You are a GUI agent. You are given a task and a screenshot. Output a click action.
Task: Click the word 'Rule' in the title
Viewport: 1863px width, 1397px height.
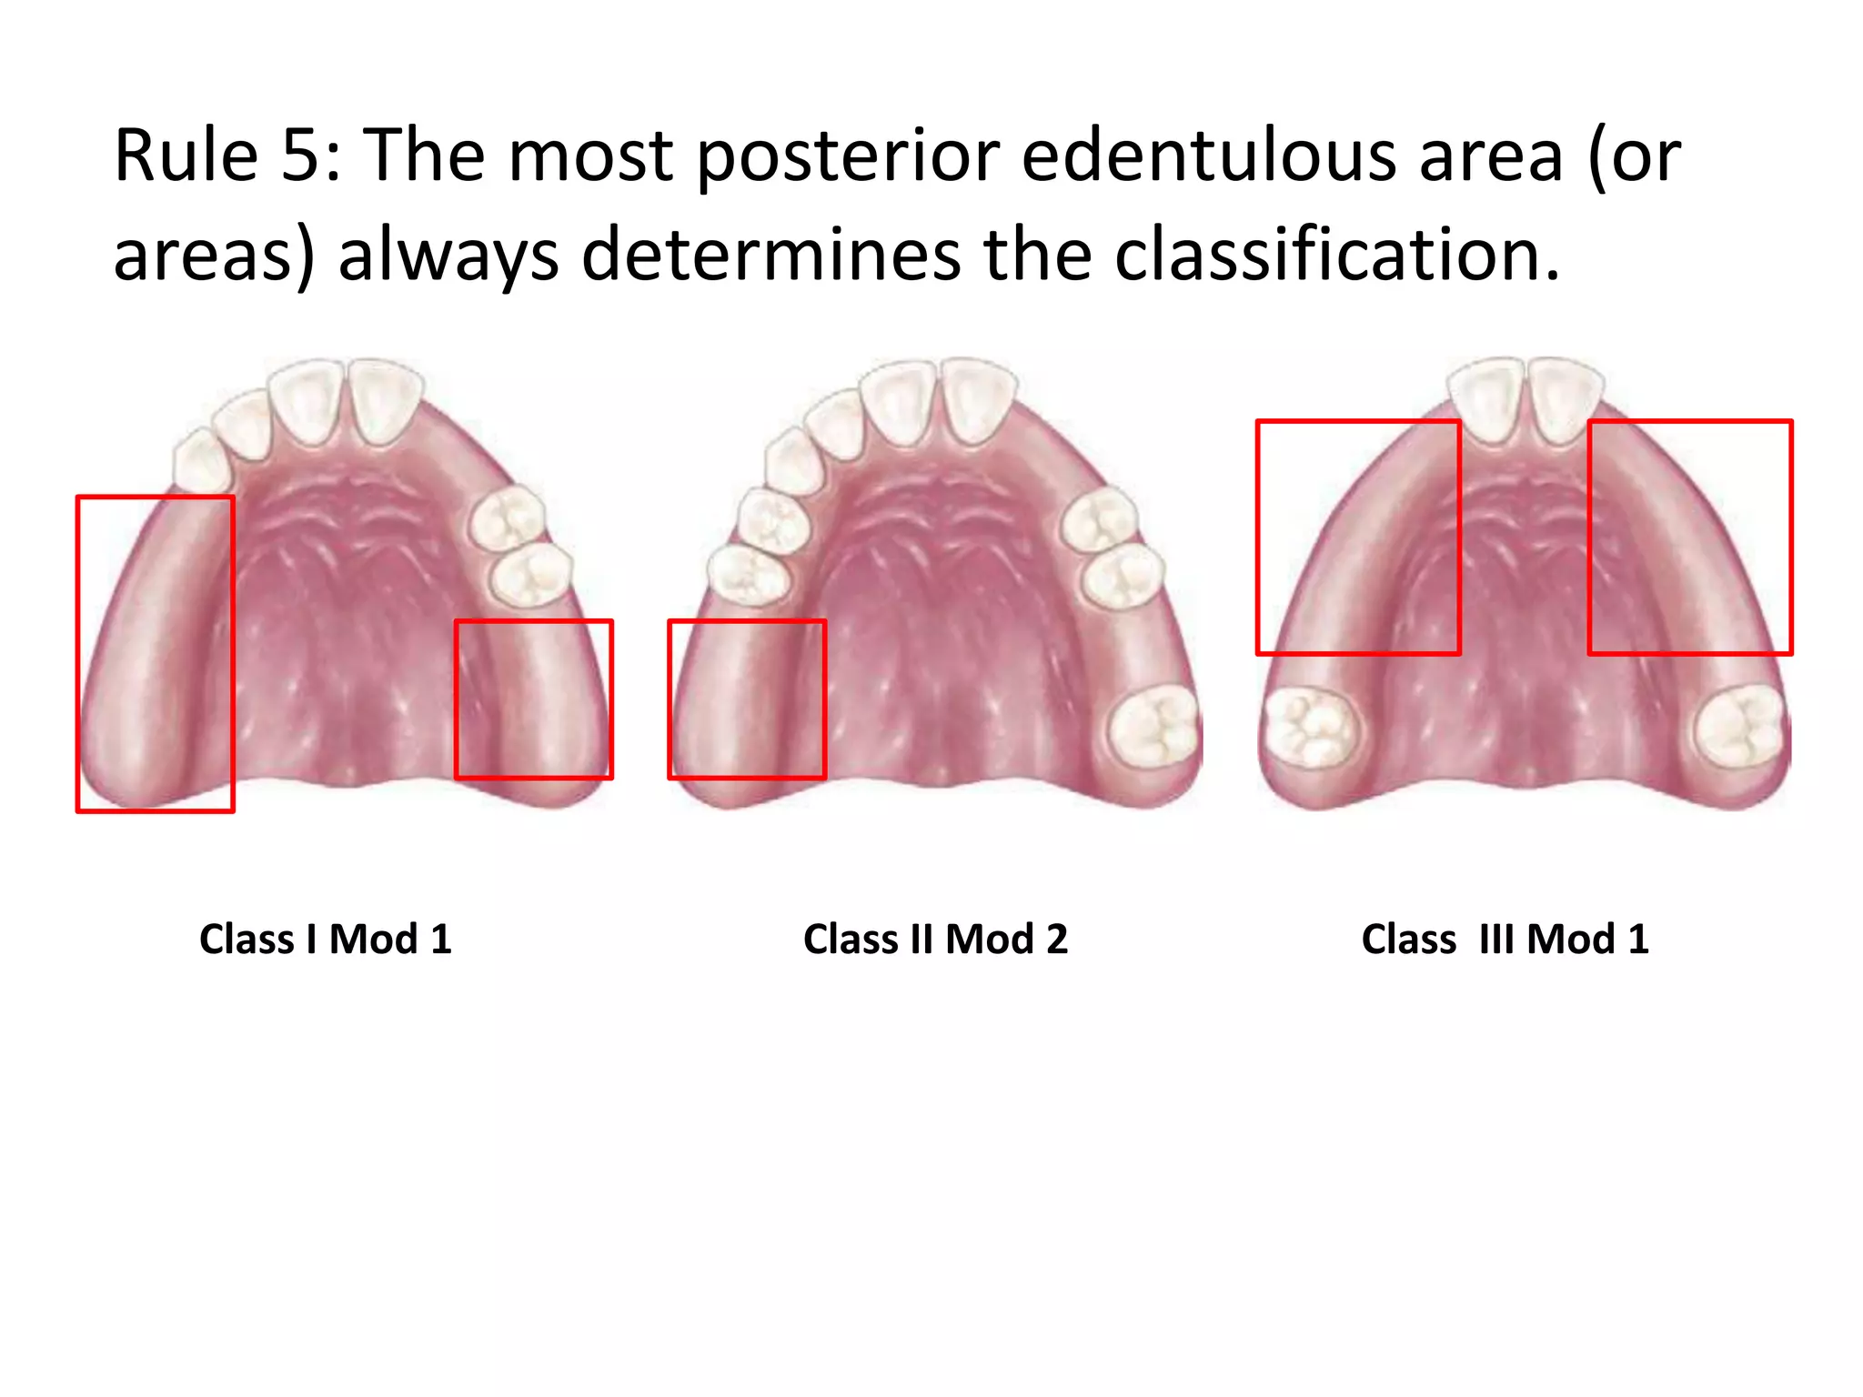pyautogui.click(x=186, y=156)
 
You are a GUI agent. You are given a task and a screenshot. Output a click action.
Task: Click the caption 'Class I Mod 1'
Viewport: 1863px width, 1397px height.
pyautogui.click(x=325, y=939)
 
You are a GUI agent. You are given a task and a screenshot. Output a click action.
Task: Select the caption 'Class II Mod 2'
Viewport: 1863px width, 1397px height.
pyautogui.click(x=935, y=939)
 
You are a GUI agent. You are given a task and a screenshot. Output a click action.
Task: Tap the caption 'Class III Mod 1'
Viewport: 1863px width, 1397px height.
pyautogui.click(x=1505, y=939)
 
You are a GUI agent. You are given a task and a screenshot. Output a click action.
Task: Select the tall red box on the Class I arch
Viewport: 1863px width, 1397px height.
pyautogui.click(x=156, y=654)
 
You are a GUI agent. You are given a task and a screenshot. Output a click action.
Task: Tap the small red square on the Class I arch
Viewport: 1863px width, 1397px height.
pyautogui.click(x=534, y=699)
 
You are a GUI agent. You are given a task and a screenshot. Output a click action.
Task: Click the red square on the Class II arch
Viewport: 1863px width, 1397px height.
pyautogui.click(x=747, y=699)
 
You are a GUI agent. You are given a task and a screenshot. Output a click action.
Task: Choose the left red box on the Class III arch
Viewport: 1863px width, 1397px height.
pyautogui.click(x=1358, y=537)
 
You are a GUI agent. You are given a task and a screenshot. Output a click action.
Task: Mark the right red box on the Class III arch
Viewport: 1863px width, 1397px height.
pyautogui.click(x=1690, y=537)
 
